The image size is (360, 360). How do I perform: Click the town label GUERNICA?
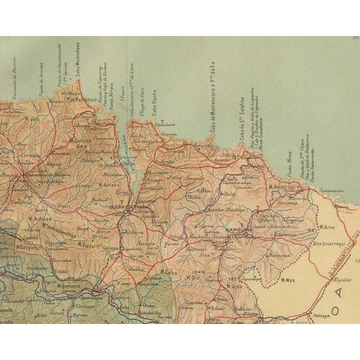(122, 205)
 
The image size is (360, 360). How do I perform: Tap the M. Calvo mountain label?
(171, 272)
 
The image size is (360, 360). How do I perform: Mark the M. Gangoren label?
(28, 247)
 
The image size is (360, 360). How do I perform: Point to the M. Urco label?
(233, 287)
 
